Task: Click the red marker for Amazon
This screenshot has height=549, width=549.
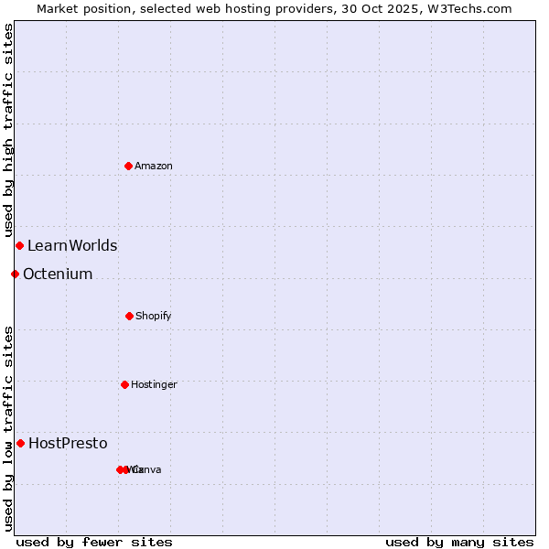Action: coord(128,166)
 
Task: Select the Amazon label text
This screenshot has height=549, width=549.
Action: coord(154,166)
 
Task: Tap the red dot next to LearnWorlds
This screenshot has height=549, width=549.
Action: coord(19,245)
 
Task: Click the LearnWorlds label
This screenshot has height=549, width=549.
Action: coord(72,245)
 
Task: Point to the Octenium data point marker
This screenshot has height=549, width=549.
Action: coord(15,274)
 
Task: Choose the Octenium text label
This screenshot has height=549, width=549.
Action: coord(58,274)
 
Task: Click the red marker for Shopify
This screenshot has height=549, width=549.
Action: coord(129,316)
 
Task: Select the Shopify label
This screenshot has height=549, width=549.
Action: coord(154,316)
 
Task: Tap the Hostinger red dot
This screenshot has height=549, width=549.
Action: coord(124,384)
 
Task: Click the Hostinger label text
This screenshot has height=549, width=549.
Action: coord(154,384)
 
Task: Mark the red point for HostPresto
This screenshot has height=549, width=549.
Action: coord(20,443)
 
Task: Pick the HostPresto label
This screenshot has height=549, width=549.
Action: coord(68,443)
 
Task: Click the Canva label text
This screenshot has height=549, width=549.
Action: coord(148,469)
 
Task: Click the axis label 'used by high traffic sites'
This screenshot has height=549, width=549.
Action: coord(8,131)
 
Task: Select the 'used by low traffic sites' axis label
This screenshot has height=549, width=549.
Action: coord(8,427)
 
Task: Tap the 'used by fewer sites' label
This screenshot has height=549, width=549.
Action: coord(94,542)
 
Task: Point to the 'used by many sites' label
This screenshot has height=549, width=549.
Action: coord(459,542)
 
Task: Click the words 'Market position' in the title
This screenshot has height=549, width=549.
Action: coord(78,8)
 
